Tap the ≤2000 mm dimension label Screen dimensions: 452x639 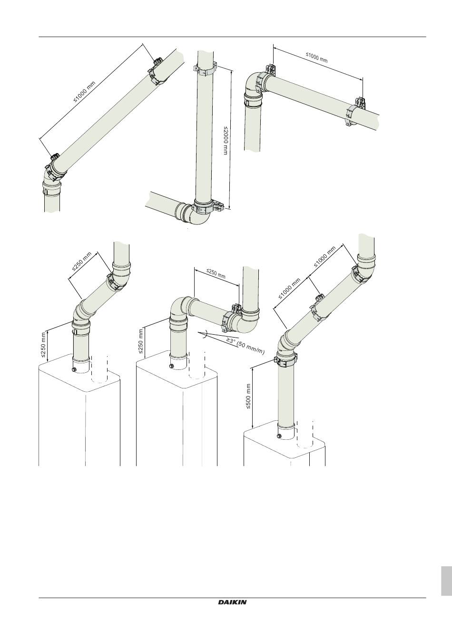pos(226,140)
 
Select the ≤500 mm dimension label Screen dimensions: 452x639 pos(248,397)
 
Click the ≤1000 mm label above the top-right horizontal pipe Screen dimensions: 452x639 pos(317,57)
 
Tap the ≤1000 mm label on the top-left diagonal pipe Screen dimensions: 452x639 pos(84,92)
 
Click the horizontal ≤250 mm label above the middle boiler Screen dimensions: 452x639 pos(216,273)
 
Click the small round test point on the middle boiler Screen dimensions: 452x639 pos(172,366)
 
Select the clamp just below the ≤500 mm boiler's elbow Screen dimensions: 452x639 pos(285,360)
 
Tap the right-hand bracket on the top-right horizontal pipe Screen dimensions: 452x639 pos(356,112)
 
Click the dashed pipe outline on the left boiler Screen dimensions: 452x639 pos(99,368)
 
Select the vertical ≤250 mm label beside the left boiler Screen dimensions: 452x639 pos(43,345)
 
